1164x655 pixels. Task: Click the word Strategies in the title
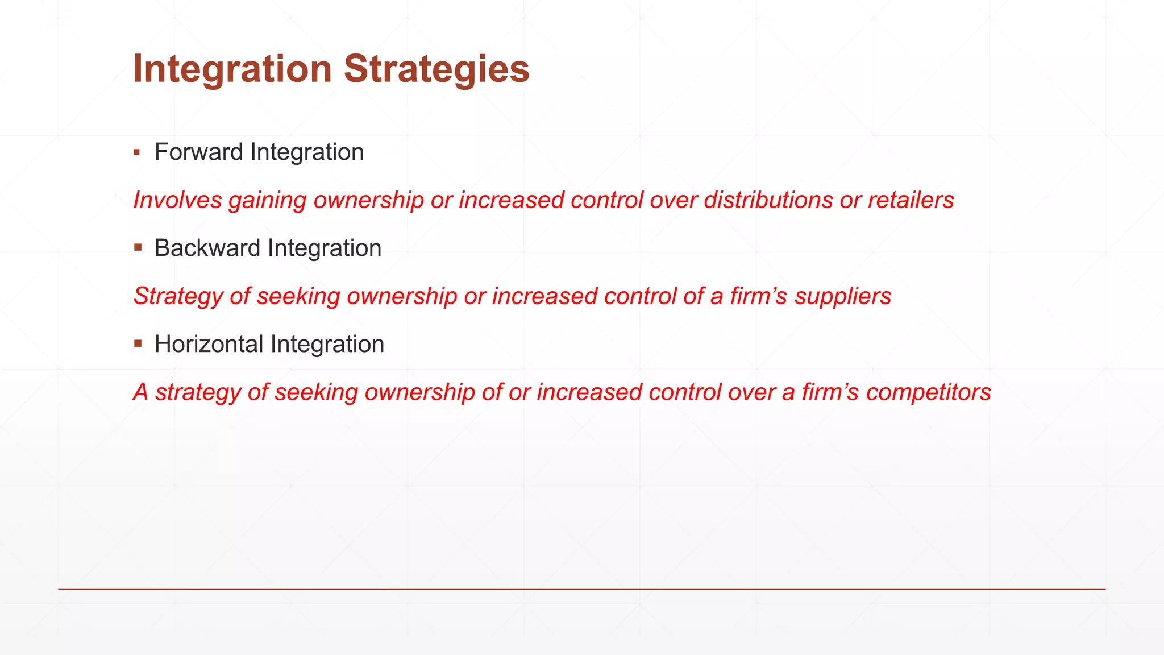(x=436, y=69)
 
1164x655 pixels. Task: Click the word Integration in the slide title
(x=232, y=69)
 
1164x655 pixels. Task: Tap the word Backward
(x=207, y=248)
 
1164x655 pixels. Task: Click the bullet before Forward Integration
(x=137, y=152)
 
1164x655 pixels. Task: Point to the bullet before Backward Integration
(x=138, y=248)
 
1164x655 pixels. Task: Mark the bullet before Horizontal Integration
(x=138, y=344)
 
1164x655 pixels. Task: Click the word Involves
(x=177, y=200)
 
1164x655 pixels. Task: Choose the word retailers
(x=911, y=200)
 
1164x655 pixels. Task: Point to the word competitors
(x=929, y=393)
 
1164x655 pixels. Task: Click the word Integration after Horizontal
(x=327, y=345)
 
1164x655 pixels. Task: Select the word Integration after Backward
(x=325, y=248)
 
